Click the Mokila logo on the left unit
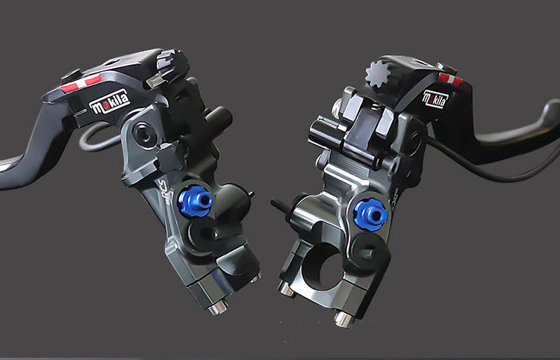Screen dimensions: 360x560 pyautogui.click(x=109, y=101)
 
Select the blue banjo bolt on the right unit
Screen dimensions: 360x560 pyautogui.click(x=370, y=214)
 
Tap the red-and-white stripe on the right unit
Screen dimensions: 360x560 pyautogui.click(x=450, y=78)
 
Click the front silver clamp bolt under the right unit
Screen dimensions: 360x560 pyautogui.click(x=343, y=318)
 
